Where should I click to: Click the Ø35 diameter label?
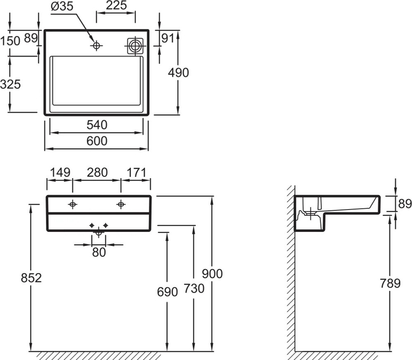(x=62, y=6)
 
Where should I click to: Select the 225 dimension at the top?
(x=116, y=5)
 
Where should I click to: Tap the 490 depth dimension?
(x=179, y=72)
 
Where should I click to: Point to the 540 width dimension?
(x=97, y=125)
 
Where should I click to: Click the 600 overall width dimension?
(x=97, y=141)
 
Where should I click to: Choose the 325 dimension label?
(x=10, y=84)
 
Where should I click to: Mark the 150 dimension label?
(x=10, y=41)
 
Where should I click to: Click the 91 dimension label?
(x=168, y=38)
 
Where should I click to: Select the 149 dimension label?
(x=60, y=173)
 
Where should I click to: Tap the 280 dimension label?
(x=97, y=173)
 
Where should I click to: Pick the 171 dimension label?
(x=136, y=173)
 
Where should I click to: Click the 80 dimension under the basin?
(x=99, y=252)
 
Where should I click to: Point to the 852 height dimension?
(x=31, y=278)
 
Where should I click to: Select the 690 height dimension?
(x=167, y=292)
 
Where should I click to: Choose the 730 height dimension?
(x=194, y=288)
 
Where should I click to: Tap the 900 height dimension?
(x=212, y=274)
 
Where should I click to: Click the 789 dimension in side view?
(x=390, y=283)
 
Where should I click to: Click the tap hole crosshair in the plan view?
(x=96, y=46)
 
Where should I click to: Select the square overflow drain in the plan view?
(x=135, y=46)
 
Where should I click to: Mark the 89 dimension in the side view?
(x=405, y=203)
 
